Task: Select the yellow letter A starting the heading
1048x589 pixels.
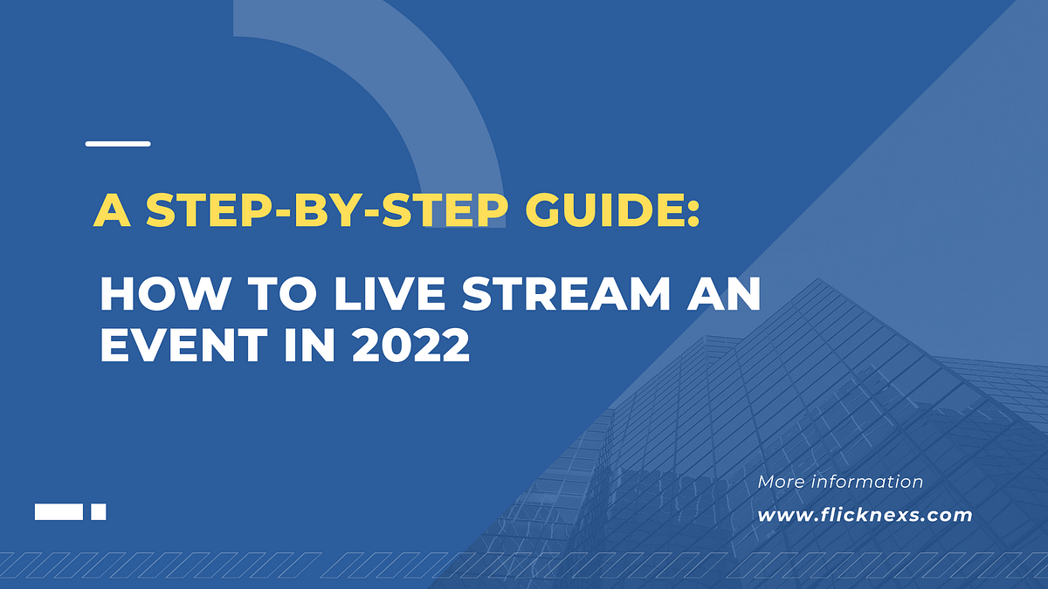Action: pyautogui.click(x=108, y=210)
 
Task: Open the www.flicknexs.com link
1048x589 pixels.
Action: pyautogui.click(x=865, y=515)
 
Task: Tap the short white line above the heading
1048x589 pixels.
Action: pyautogui.click(x=118, y=144)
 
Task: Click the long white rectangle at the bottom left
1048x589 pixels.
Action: pyautogui.click(x=59, y=512)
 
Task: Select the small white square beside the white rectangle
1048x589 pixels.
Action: pyautogui.click(x=99, y=512)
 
